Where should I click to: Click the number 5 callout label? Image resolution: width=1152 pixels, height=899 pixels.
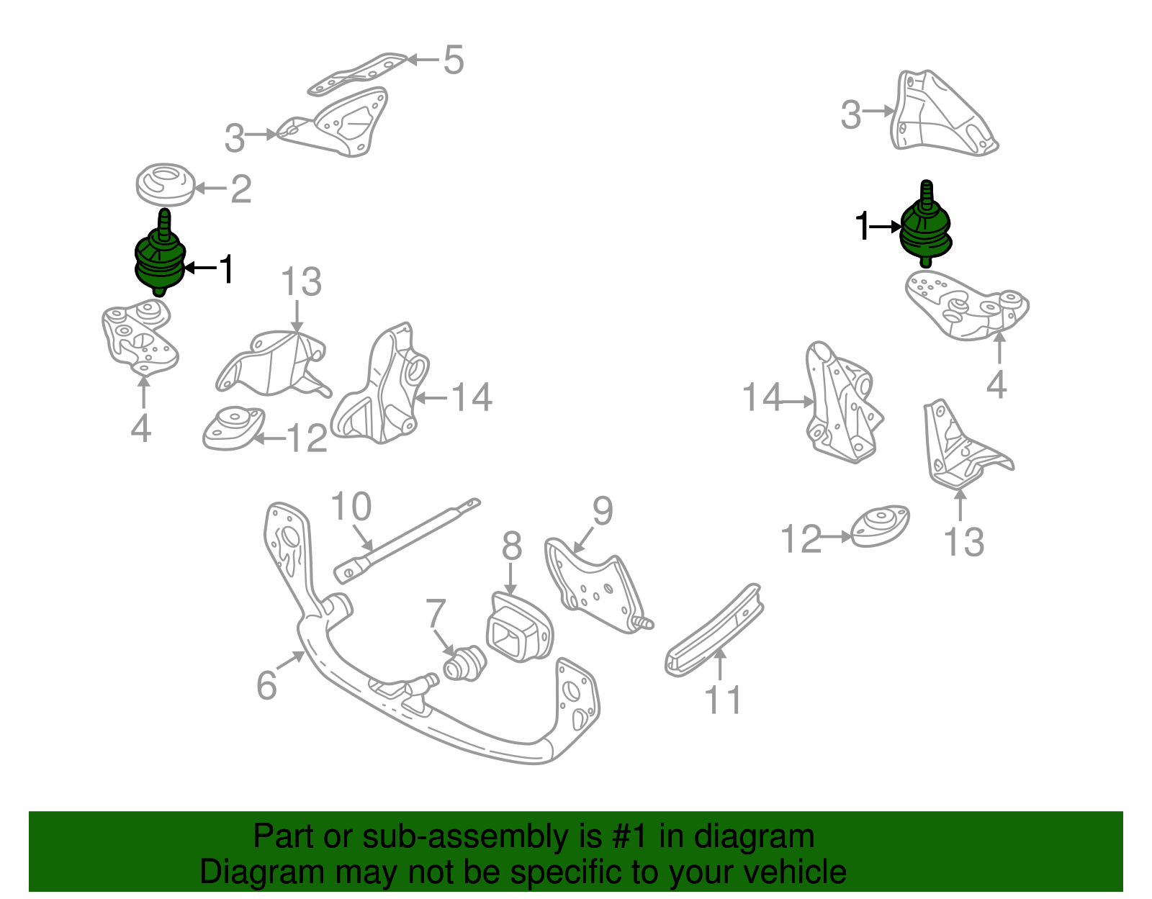[x=454, y=60]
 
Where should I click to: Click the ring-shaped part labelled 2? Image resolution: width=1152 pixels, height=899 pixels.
[x=166, y=184]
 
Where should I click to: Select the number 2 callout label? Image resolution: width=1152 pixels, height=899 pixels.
[x=241, y=189]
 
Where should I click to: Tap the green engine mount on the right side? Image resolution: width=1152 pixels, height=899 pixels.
[x=926, y=229]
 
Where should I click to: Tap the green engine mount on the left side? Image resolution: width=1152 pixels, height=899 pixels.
[x=160, y=259]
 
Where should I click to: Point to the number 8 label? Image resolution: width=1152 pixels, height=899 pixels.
[x=511, y=546]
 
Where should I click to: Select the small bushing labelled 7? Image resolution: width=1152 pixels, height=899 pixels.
[x=464, y=663]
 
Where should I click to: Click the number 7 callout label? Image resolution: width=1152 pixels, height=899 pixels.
[x=436, y=613]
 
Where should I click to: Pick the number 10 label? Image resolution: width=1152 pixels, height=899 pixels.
[x=351, y=507]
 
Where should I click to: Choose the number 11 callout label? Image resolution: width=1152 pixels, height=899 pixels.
[x=722, y=700]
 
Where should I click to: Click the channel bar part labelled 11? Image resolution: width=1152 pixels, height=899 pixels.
[x=713, y=631]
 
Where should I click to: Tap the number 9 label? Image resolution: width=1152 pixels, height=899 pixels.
[x=603, y=511]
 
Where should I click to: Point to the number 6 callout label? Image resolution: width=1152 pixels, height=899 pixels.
[x=266, y=685]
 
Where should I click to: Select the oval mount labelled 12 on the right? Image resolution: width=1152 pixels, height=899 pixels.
[x=880, y=525]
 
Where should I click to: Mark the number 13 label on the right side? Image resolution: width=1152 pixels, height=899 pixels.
[x=963, y=542]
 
